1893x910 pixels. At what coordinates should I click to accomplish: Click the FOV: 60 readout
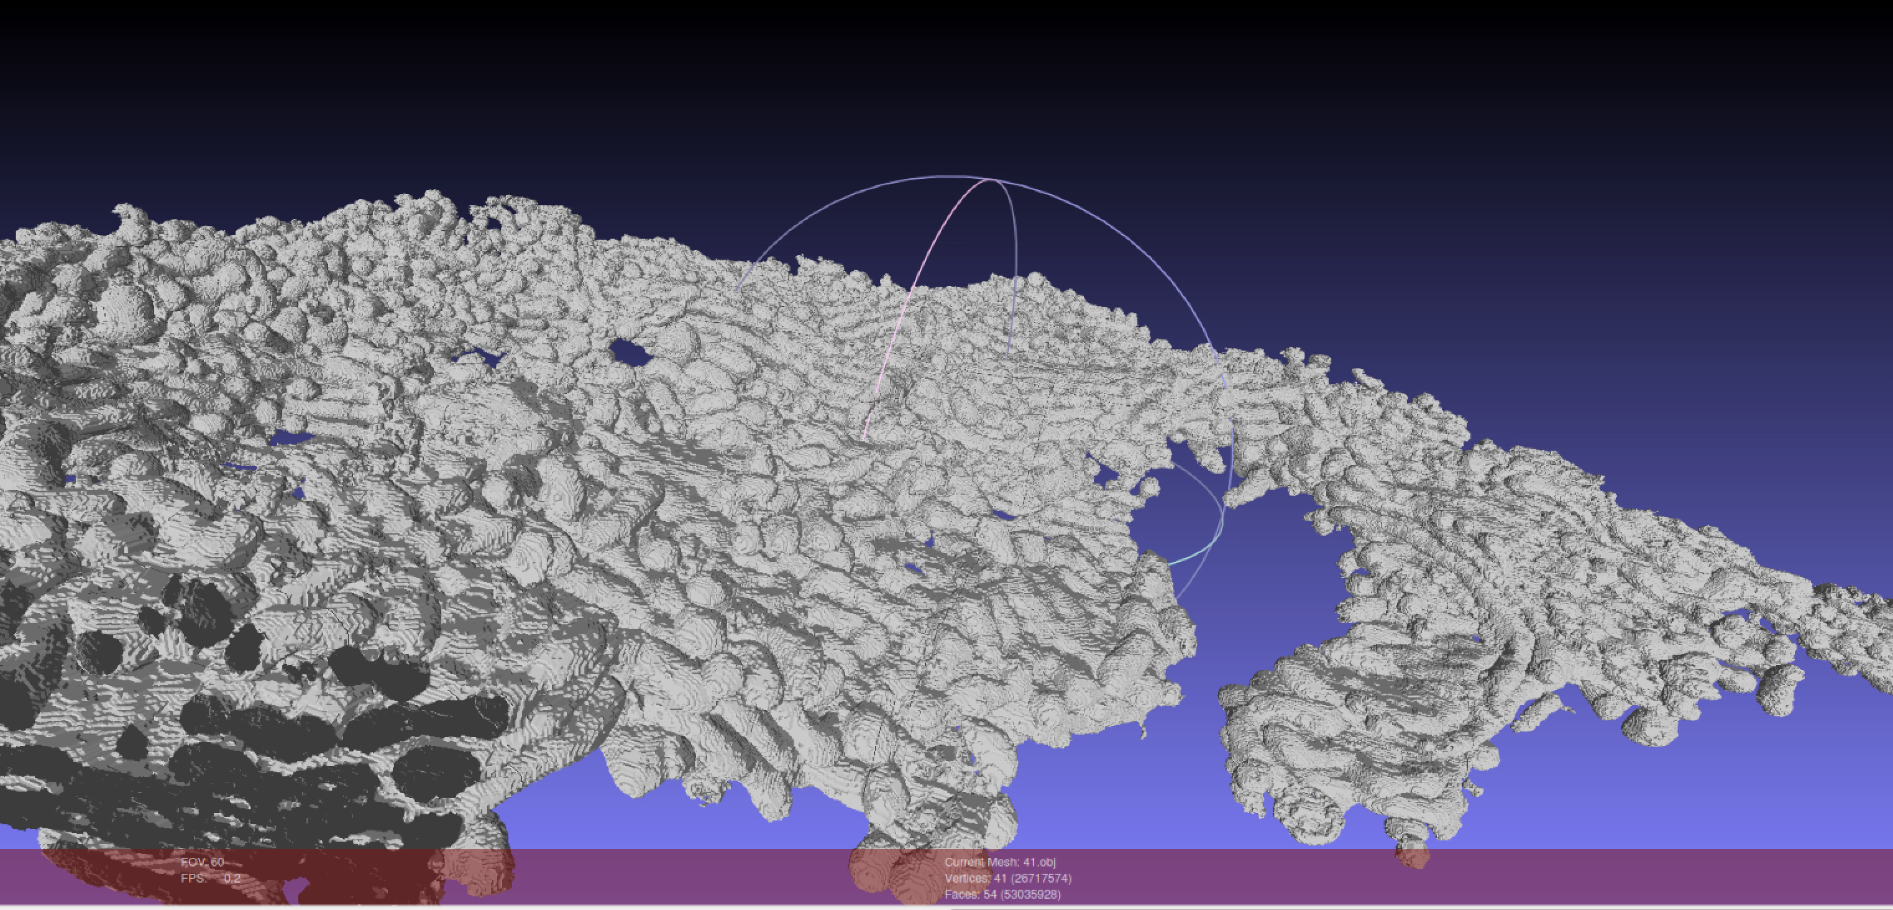202,862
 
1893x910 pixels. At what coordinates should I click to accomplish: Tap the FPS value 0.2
232,878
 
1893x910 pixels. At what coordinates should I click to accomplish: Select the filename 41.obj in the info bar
1039,862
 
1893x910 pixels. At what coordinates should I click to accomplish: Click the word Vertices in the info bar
966,878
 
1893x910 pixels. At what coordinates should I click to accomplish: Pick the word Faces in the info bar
960,894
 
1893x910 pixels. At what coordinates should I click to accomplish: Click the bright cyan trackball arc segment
1198,555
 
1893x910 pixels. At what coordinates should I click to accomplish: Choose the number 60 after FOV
218,862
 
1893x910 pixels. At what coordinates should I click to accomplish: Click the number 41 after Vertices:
1000,878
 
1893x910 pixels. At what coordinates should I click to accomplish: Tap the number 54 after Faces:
991,894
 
